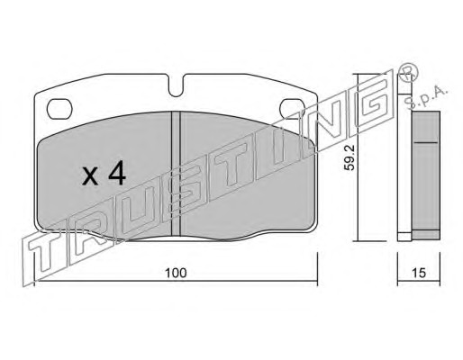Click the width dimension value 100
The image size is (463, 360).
click(176, 273)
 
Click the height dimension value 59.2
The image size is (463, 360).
click(350, 157)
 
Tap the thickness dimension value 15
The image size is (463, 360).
click(419, 273)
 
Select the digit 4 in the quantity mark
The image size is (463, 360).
click(117, 173)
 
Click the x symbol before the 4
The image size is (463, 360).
click(90, 176)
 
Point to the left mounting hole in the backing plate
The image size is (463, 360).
click(59, 108)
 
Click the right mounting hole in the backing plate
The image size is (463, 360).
click(292, 108)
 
